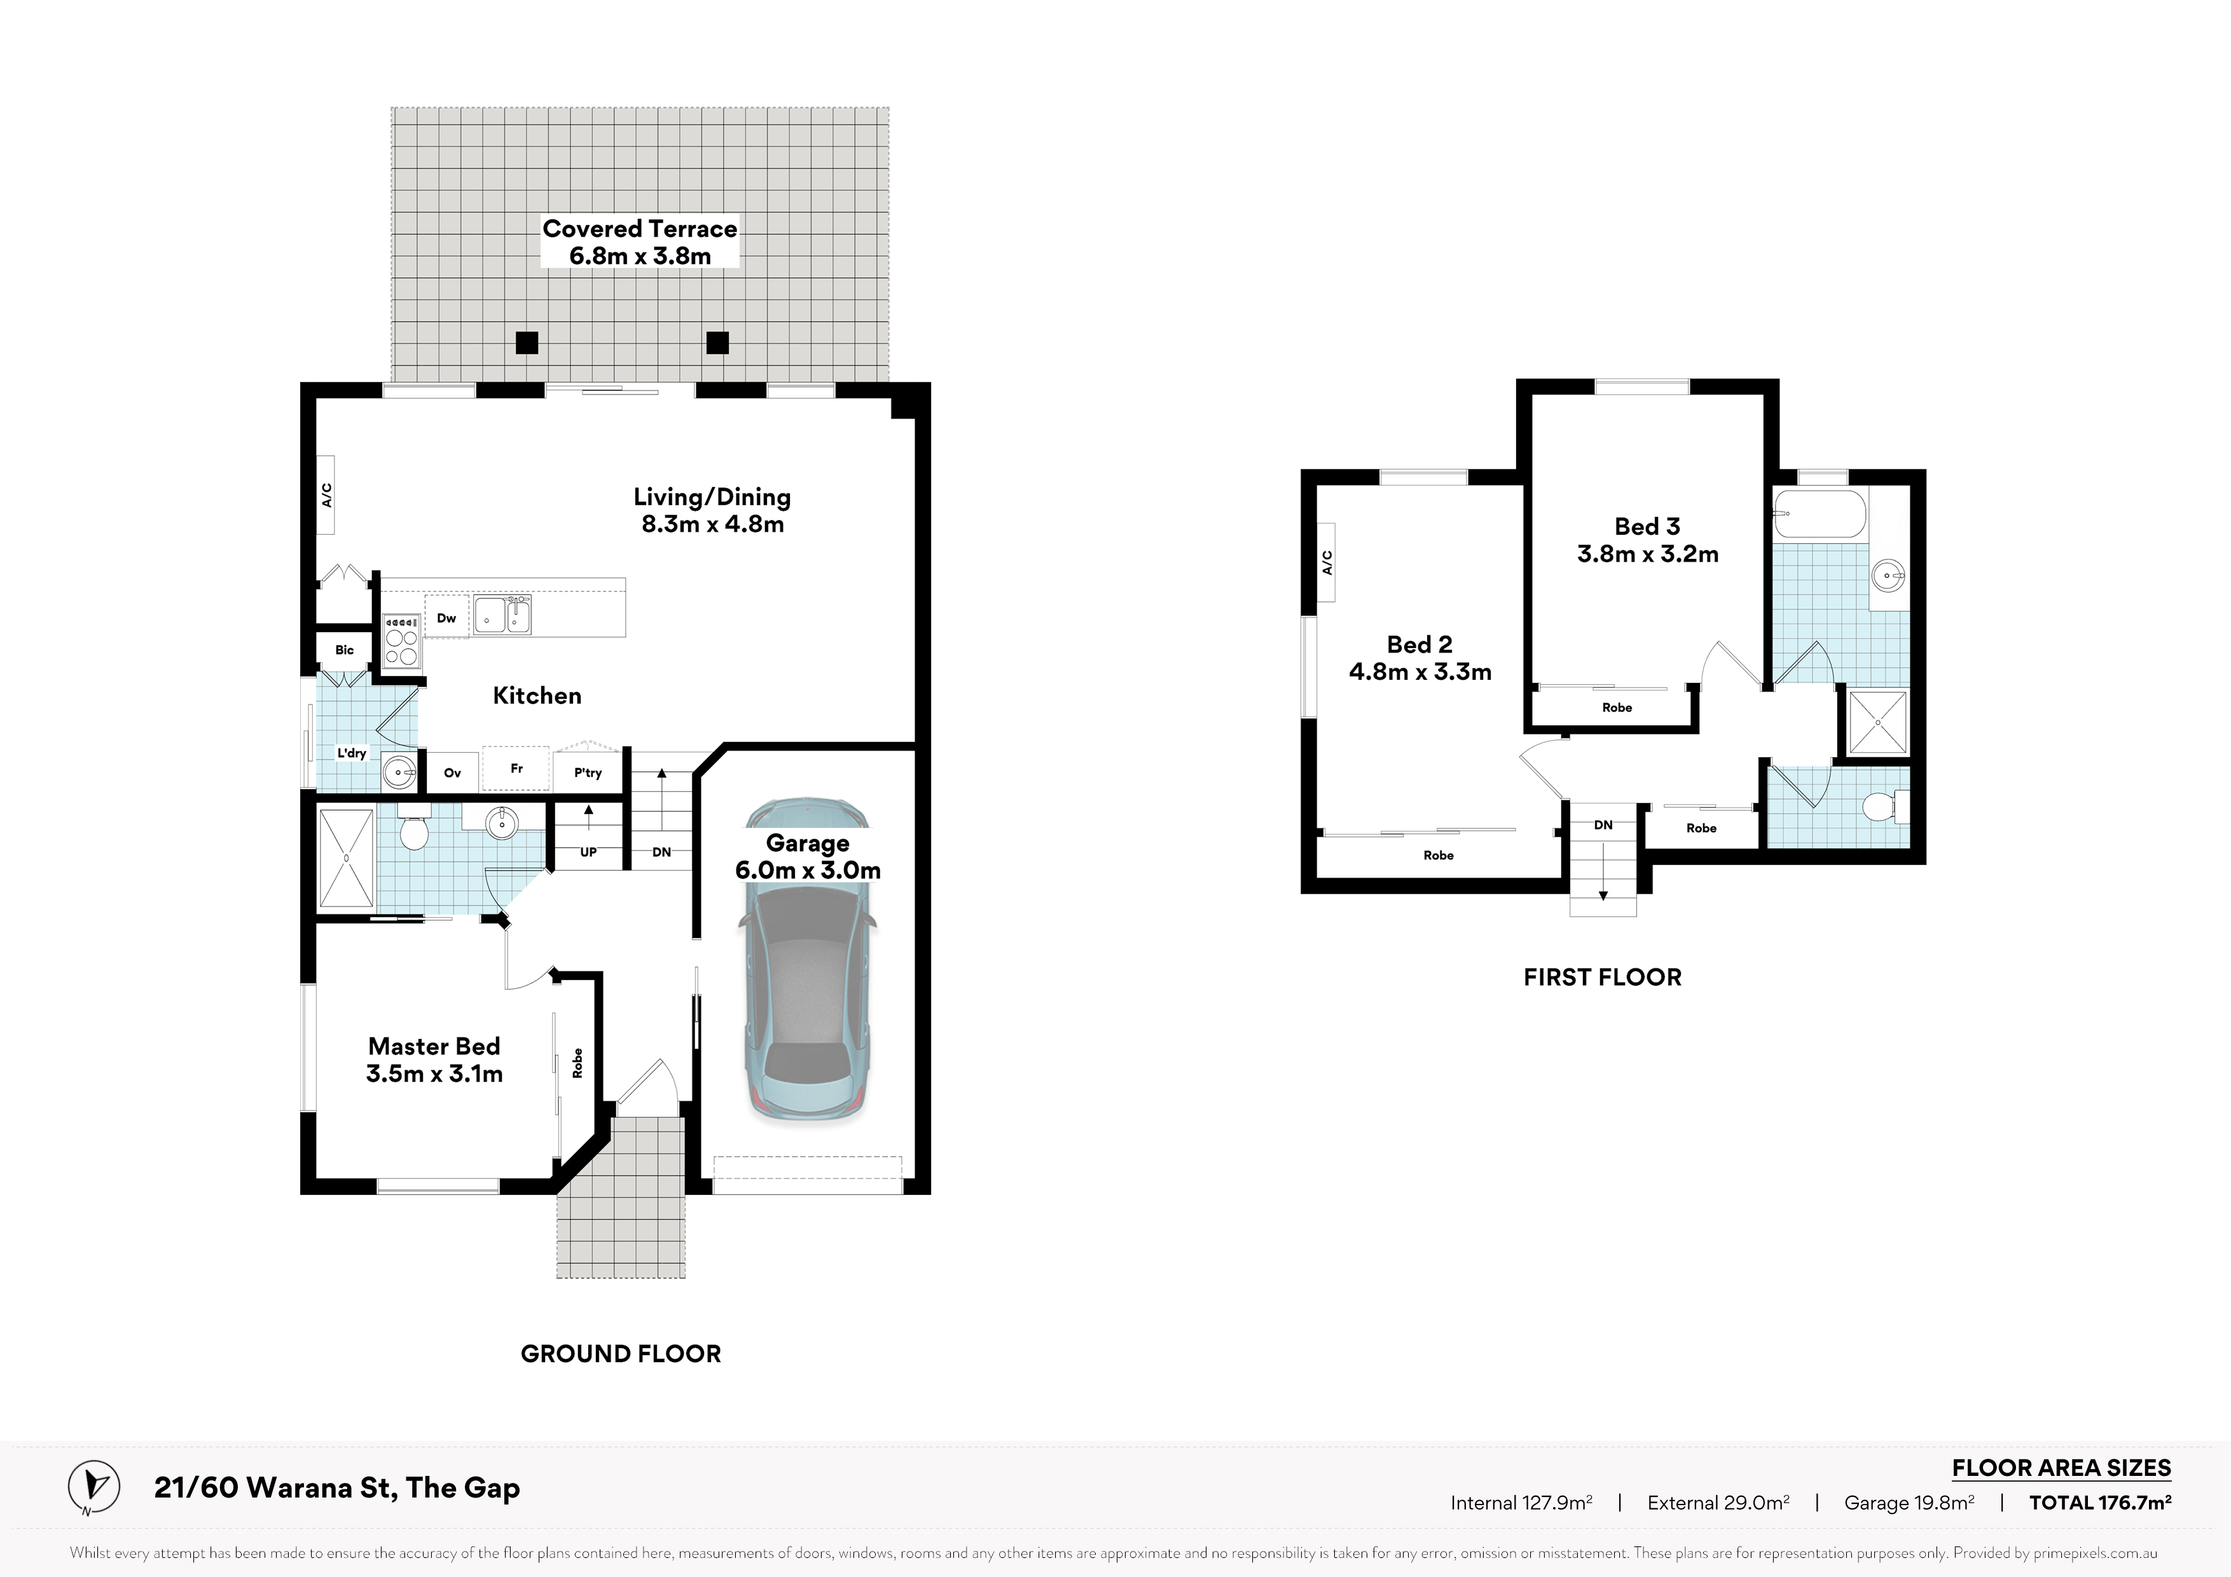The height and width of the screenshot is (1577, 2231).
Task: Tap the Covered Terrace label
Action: [x=639, y=242]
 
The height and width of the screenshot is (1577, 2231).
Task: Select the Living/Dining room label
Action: [x=712, y=510]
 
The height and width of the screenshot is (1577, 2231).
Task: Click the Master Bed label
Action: [x=434, y=1060]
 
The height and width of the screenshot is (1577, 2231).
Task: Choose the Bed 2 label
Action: [x=1419, y=658]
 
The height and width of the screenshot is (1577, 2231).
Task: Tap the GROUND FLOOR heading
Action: [x=621, y=1354]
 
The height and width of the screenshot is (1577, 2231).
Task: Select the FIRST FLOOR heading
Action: [x=1602, y=977]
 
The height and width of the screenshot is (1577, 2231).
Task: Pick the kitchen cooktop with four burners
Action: [x=401, y=642]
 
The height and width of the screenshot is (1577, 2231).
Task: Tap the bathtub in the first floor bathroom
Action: [x=1820, y=514]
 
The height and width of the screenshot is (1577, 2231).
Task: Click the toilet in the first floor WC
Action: [x=1886, y=806]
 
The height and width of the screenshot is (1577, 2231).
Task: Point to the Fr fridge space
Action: [x=517, y=769]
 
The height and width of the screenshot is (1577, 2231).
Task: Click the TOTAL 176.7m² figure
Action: [x=2100, y=1502]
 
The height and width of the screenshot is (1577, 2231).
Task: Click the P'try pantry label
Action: [x=588, y=773]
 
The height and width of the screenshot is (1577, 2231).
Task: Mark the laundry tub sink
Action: [x=398, y=773]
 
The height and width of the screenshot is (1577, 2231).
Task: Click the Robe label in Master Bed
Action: [x=577, y=1063]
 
